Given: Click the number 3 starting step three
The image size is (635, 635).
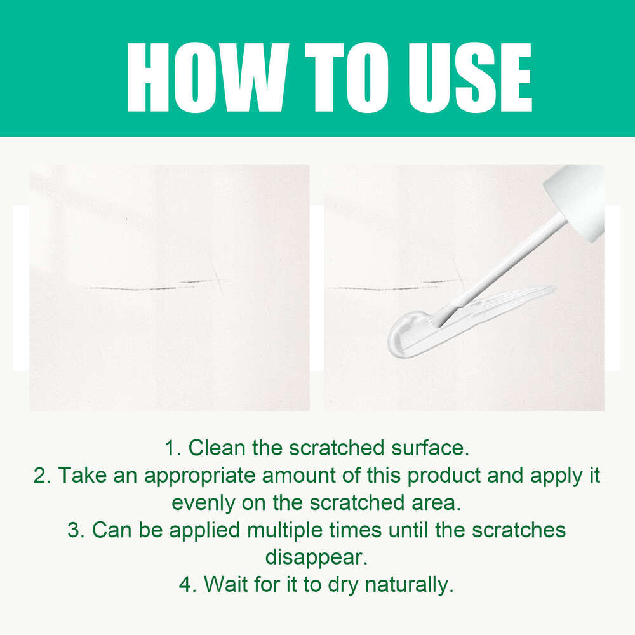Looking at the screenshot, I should tap(74, 530).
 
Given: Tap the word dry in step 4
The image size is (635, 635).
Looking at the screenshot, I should tap(343, 584).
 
